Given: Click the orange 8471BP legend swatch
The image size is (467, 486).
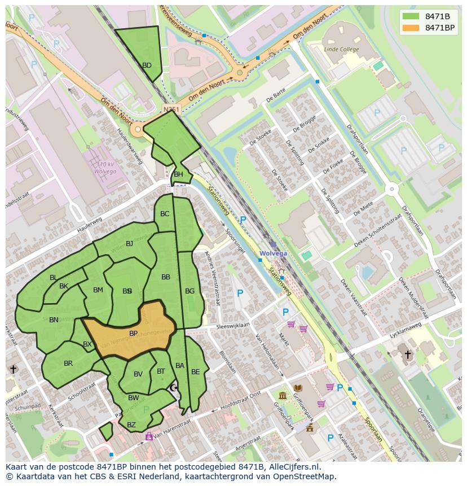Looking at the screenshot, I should click(x=412, y=28).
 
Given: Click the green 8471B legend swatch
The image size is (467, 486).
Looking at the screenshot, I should click(x=412, y=16).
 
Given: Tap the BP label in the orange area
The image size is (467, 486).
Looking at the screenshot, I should click(x=133, y=334).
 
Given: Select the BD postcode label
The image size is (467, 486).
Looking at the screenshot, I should click(x=147, y=65).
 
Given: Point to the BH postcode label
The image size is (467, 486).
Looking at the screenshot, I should click(x=178, y=174).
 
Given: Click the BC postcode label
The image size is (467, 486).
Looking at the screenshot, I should click(x=165, y=214).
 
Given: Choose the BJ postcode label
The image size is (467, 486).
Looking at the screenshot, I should click(x=129, y=244).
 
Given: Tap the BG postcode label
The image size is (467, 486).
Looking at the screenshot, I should click(x=190, y=291).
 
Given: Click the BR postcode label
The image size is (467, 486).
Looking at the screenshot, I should click(x=68, y=364).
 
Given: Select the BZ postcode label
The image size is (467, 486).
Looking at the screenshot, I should click(x=131, y=425).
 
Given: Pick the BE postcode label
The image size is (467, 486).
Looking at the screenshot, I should click(x=195, y=372).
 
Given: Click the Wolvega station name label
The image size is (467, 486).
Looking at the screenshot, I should click(x=273, y=253).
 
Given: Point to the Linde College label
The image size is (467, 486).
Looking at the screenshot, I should click(x=341, y=50).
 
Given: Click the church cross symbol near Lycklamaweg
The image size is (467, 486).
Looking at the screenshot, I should click(x=408, y=354).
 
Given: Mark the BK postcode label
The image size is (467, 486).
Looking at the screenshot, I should click(x=64, y=286).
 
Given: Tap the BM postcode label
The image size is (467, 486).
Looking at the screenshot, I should click(x=98, y=290).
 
